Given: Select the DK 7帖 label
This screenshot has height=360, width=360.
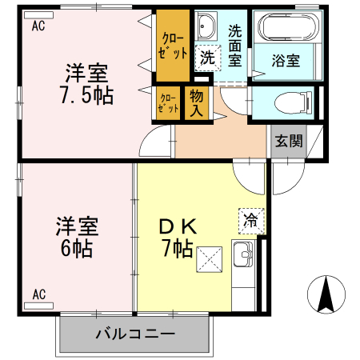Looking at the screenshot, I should [x=178, y=236].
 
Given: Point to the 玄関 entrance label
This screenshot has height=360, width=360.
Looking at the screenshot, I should [x=289, y=142].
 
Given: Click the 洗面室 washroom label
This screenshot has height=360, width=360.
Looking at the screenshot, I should [x=235, y=46].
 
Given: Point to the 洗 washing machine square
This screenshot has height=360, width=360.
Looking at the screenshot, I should [x=206, y=58].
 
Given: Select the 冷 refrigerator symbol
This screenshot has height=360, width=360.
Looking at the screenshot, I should [x=250, y=218].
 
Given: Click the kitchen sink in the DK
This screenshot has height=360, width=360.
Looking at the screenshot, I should [x=242, y=256].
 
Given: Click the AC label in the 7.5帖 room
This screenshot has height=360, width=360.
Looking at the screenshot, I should [x=38, y=26].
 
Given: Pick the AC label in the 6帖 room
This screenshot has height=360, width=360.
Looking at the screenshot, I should [x=38, y=295].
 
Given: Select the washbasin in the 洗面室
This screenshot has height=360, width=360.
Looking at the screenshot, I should [x=206, y=27].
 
